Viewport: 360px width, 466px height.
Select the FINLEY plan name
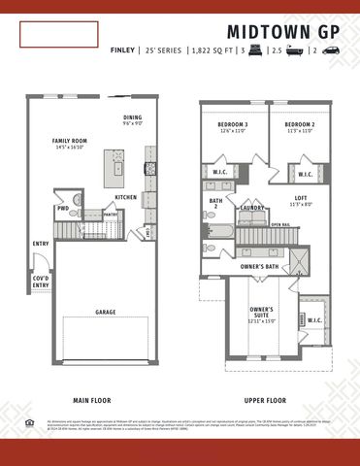pos(122,49)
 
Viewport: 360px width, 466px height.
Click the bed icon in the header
pos(257,49)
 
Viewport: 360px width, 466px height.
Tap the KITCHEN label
pos(126,197)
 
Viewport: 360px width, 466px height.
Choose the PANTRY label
pos(111,215)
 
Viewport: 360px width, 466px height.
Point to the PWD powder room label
pos(63,208)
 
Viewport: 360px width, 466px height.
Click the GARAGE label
pos(106,313)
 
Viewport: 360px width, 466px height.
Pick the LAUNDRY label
pos(252,208)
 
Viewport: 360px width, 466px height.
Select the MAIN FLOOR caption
pos(95,400)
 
